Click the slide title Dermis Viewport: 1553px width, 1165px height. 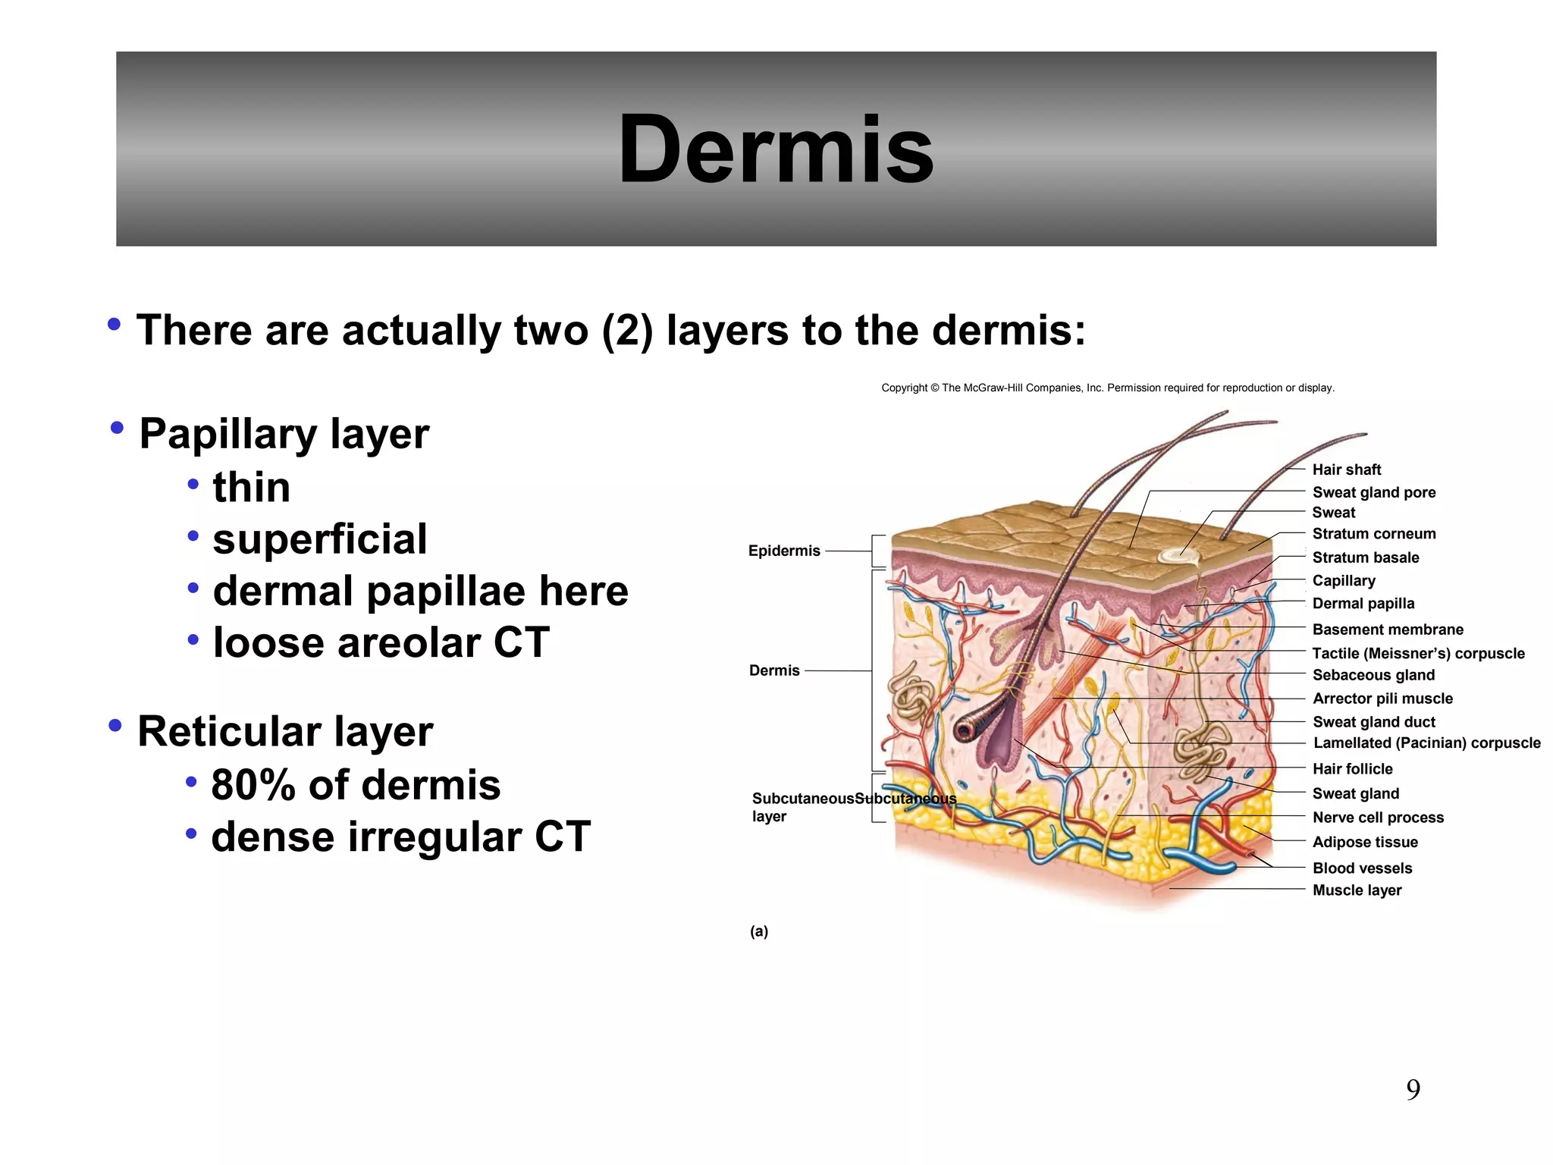pyautogui.click(x=776, y=149)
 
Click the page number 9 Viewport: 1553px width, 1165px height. pyautogui.click(x=1413, y=1090)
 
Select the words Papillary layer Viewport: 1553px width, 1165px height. pyautogui.click(x=284, y=435)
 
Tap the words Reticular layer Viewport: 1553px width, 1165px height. pyautogui.click(x=284, y=732)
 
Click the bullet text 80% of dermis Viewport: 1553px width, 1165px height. pyautogui.click(x=355, y=785)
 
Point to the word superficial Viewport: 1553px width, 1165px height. pyautogui.click(x=319, y=539)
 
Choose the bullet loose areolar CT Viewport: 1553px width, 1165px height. pyautogui.click(x=381, y=643)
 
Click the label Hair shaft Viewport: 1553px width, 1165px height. pyautogui.click(x=1346, y=469)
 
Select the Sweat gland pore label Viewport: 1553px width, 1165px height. pyautogui.click(x=1373, y=492)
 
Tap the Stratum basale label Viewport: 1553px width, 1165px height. pyautogui.click(x=1365, y=557)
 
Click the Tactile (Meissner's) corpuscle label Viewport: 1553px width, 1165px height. pyautogui.click(x=1417, y=653)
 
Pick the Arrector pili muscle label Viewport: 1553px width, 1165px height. pyautogui.click(x=1382, y=699)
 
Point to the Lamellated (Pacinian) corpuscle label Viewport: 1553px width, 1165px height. pyautogui.click(x=1426, y=743)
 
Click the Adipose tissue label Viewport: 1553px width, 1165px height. pyautogui.click(x=1364, y=842)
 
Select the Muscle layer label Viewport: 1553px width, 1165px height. pyautogui.click(x=1356, y=890)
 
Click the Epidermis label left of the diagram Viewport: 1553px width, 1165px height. pyautogui.click(x=783, y=551)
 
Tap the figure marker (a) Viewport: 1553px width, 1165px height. pyautogui.click(x=758, y=931)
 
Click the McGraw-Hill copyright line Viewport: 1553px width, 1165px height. pyautogui.click(x=1107, y=388)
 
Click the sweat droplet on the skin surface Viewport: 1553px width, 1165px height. pyautogui.click(x=1178, y=556)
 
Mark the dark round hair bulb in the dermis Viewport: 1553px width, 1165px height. pyautogui.click(x=965, y=730)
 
